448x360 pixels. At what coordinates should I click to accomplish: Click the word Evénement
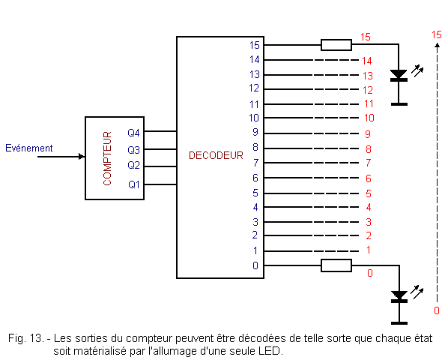point(29,148)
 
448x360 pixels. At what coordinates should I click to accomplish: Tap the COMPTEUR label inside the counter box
point(107,158)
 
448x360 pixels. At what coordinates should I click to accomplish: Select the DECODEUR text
point(216,155)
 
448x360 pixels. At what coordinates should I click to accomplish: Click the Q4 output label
point(133,133)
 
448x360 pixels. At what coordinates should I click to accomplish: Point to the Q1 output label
point(133,184)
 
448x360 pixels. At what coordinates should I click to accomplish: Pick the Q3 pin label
point(133,150)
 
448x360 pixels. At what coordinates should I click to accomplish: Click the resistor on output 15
point(336,45)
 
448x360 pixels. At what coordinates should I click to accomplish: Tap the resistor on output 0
point(336,265)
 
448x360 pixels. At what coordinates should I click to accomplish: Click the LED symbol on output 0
point(399,297)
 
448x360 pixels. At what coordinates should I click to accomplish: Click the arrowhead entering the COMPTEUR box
point(82,157)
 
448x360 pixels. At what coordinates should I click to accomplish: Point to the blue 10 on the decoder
point(254,118)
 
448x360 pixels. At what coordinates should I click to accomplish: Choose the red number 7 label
point(369,163)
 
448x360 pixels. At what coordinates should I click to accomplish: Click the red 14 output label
point(367,61)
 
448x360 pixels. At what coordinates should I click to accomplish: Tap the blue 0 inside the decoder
point(255,265)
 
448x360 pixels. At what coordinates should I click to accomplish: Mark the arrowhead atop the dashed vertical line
point(437,45)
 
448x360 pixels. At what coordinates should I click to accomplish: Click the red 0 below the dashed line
point(437,310)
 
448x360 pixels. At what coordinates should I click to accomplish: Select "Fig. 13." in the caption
point(26,338)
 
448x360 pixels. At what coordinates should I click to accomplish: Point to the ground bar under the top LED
point(399,104)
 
